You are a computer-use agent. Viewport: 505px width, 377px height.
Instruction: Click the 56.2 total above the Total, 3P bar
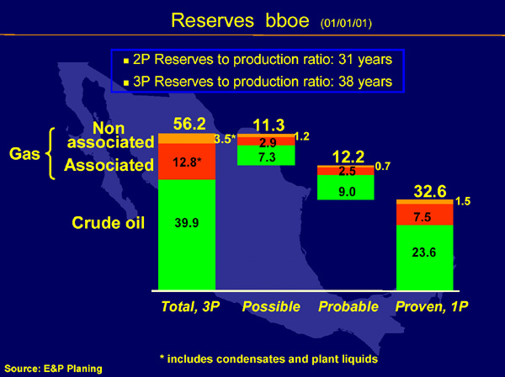[x=189, y=124]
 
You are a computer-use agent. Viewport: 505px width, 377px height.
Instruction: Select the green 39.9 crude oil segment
[x=187, y=235]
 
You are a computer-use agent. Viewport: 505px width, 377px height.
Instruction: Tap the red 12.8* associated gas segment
[x=187, y=162]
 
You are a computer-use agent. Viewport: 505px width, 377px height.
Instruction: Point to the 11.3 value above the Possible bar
[x=269, y=125]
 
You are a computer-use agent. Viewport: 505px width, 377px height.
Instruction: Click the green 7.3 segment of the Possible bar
[x=266, y=155]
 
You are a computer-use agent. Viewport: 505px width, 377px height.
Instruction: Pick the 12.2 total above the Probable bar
[x=348, y=157]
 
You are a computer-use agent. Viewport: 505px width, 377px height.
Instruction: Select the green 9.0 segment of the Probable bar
[x=346, y=188]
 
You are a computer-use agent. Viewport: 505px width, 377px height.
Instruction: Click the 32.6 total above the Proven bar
[x=430, y=191]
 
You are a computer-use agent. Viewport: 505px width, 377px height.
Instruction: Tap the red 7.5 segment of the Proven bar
[x=424, y=215]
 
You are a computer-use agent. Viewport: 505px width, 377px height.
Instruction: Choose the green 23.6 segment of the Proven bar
[x=424, y=258]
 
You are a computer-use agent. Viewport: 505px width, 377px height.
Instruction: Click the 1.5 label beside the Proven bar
[x=463, y=201]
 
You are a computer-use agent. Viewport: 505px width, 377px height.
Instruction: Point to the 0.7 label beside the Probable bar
[x=383, y=166]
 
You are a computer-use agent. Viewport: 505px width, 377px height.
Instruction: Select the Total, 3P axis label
[x=190, y=306]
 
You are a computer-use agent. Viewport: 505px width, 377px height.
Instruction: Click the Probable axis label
[x=348, y=306]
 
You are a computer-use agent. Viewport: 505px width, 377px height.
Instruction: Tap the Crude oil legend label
[x=109, y=223]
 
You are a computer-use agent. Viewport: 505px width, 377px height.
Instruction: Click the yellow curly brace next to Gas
[x=50, y=153]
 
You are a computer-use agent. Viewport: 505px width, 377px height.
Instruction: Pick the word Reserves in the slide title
[x=212, y=20]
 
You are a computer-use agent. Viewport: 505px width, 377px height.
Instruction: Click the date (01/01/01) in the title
[x=346, y=24]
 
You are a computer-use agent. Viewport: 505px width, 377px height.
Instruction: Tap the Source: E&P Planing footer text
[x=54, y=369]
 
